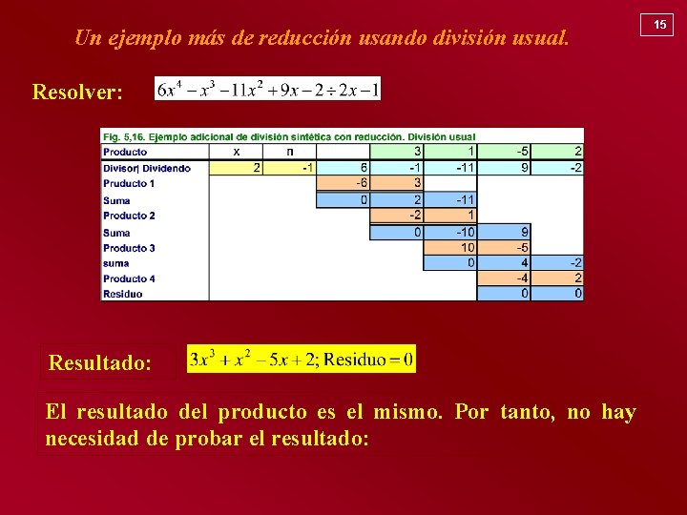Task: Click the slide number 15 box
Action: point(658,24)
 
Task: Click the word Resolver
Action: point(77,93)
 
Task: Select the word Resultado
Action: point(100,363)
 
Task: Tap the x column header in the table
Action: point(236,151)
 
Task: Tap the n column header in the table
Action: point(290,151)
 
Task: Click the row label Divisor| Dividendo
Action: point(147,168)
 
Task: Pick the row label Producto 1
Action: point(129,183)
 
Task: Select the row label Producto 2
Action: point(129,216)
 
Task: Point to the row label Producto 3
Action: point(129,248)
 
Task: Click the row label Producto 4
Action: point(129,278)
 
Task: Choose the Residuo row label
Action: point(123,294)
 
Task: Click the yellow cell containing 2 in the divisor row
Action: point(236,168)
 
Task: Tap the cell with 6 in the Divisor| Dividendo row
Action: point(343,168)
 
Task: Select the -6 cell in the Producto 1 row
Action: point(343,183)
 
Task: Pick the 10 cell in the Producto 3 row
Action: point(450,248)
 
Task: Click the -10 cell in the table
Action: point(450,232)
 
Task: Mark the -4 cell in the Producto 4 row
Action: point(504,278)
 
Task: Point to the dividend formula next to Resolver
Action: point(268,90)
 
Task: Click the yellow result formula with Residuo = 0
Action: point(302,360)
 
